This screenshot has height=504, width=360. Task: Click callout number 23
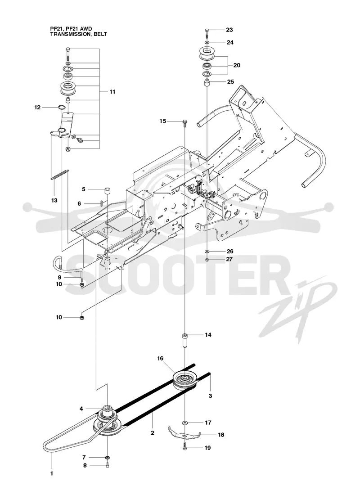click(x=229, y=30)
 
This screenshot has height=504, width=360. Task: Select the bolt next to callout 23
click(x=207, y=32)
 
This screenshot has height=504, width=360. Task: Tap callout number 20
click(x=237, y=65)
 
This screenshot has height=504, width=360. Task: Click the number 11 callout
click(x=112, y=92)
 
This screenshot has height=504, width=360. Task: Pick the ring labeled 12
click(x=63, y=107)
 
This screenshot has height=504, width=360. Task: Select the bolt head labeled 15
click(x=185, y=121)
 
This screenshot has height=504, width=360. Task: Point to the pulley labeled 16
click(x=184, y=380)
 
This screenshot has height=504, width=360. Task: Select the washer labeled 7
click(x=107, y=457)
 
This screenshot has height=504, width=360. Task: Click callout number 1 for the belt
click(x=51, y=473)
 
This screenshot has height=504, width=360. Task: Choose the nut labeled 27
click(x=207, y=259)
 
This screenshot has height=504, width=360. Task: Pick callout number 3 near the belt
click(x=210, y=396)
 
